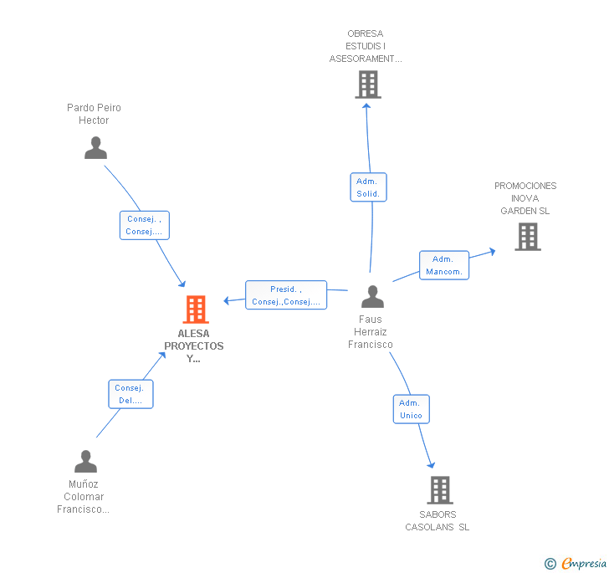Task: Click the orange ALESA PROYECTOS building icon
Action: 196,310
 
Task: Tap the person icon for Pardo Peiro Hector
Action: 96,148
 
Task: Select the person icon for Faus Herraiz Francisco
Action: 372,297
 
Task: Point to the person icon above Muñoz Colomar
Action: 85,462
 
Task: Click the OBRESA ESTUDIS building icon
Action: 368,84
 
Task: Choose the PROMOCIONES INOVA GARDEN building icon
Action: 527,237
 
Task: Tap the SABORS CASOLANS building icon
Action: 439,490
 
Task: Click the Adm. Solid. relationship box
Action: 368,187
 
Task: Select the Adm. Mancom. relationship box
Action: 444,265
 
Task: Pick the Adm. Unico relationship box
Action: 411,409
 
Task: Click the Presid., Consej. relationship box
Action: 286,295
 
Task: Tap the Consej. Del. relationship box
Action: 130,394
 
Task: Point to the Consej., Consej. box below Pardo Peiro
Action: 144,225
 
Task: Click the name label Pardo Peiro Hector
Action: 94,114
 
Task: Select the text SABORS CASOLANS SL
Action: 438,520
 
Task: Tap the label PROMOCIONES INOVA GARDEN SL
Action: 525,198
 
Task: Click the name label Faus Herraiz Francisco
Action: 371,332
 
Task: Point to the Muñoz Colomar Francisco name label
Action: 84,497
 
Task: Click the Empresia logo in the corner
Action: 576,563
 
